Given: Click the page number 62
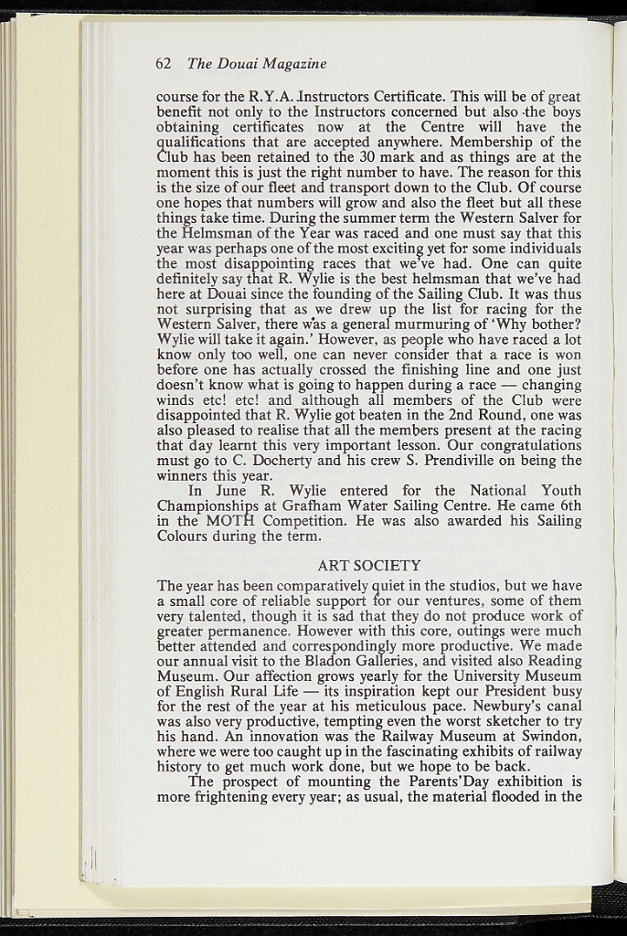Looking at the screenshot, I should pyautogui.click(x=165, y=64).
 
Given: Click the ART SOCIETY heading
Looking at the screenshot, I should pyautogui.click(x=369, y=566).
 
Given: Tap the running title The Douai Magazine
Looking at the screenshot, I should pyautogui.click(x=257, y=64).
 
